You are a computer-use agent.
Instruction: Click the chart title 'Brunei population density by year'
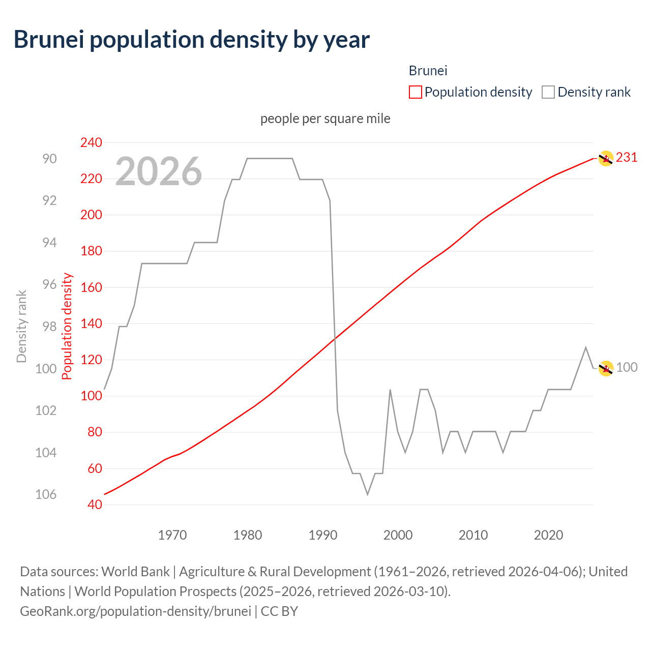point(191,40)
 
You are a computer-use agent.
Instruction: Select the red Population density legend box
point(415,92)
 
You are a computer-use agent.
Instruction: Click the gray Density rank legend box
point(548,92)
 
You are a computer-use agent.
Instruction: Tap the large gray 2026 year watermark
point(159,171)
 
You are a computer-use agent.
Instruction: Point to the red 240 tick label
point(91,142)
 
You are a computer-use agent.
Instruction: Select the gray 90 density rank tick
point(49,159)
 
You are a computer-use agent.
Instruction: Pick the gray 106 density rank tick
point(46,494)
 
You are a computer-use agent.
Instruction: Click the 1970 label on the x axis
point(172,535)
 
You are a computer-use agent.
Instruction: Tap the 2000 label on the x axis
point(398,535)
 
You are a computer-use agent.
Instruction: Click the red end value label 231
point(627,158)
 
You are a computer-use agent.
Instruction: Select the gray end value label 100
point(627,367)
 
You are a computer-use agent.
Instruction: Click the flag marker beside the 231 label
point(605,159)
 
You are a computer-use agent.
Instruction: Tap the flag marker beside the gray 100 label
point(605,368)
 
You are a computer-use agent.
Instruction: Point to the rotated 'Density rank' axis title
point(21,326)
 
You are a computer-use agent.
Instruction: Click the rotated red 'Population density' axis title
point(67,326)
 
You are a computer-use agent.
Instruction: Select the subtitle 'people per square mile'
point(325,119)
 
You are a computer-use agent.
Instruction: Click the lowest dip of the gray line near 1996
point(367,494)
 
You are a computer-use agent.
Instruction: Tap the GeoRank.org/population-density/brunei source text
point(135,611)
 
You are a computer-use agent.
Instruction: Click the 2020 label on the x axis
point(548,535)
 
